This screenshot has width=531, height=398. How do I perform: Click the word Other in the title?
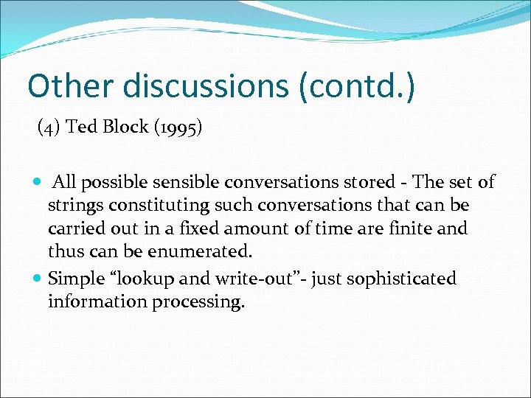click(70, 86)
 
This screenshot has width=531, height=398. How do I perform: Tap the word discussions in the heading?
click(206, 86)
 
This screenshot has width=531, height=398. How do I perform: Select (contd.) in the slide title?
click(357, 86)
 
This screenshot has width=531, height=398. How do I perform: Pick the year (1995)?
click(176, 128)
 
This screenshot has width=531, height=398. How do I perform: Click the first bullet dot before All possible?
click(38, 182)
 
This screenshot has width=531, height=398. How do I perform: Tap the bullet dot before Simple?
click(38, 279)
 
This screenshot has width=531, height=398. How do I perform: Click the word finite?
click(410, 228)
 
